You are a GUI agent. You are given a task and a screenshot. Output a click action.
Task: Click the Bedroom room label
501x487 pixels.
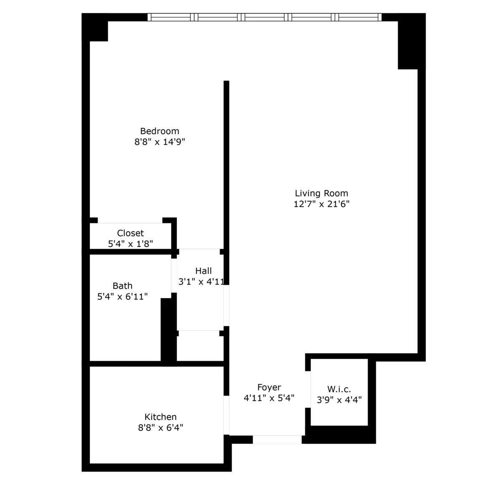(x=159, y=131)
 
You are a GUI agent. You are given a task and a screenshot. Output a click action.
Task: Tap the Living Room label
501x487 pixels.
(x=321, y=193)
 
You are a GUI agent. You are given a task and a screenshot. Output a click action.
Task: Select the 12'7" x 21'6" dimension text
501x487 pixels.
(x=321, y=204)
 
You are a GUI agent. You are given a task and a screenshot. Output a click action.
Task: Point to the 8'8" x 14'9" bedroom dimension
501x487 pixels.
(x=159, y=142)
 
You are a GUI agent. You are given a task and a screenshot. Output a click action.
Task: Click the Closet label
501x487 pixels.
(x=130, y=233)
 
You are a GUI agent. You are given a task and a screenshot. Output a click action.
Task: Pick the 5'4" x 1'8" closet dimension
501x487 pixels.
(x=130, y=244)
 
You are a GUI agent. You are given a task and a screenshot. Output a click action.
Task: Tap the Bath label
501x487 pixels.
(x=122, y=286)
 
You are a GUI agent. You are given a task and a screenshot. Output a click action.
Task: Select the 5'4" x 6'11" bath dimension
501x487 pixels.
(x=122, y=297)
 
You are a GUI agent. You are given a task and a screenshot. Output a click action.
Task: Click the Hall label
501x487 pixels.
(x=203, y=271)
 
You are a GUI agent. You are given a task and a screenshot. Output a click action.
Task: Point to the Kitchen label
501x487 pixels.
(x=160, y=417)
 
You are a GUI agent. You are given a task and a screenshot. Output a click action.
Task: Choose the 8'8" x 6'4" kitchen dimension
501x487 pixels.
(x=160, y=428)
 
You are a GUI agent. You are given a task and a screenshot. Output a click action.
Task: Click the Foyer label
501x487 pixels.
(x=269, y=387)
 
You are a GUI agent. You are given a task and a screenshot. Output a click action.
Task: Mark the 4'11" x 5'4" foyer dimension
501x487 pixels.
(x=269, y=398)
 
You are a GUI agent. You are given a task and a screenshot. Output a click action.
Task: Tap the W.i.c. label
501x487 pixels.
(x=339, y=389)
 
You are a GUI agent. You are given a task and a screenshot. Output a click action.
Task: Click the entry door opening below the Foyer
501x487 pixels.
(x=277, y=439)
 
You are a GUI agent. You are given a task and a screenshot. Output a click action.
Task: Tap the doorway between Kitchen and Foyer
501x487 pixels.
(x=227, y=415)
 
